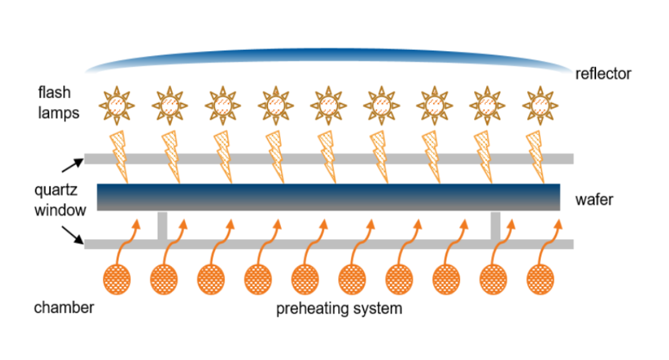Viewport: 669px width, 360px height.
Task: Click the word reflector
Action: point(603,74)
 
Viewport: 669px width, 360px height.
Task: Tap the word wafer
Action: point(594,199)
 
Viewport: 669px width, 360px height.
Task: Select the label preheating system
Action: point(339,308)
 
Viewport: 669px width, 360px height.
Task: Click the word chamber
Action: point(64,307)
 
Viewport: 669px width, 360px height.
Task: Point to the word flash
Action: point(54,93)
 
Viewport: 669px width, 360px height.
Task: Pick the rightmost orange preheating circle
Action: point(539,280)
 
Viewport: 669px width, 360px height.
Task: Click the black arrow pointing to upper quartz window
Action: point(72,163)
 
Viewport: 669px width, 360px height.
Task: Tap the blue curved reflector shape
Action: point(329,58)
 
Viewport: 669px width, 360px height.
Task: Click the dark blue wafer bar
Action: point(329,197)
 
